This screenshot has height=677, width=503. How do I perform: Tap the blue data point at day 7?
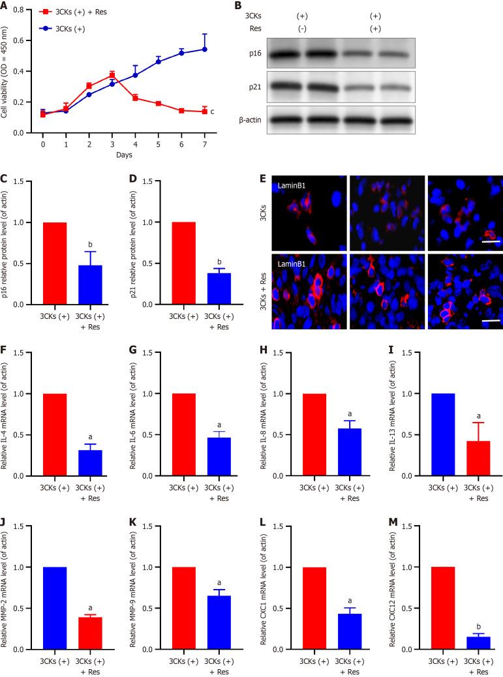click(204, 49)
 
